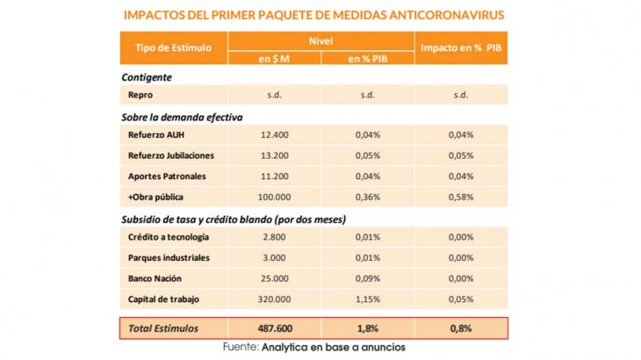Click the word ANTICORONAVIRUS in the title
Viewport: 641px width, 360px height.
click(446, 15)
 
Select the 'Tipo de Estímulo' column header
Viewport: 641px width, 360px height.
click(174, 47)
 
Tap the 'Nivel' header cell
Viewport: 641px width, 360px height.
click(320, 41)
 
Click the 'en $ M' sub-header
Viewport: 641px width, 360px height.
click(274, 59)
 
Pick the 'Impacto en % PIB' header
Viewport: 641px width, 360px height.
click(461, 47)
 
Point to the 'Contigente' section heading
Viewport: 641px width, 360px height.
click(147, 77)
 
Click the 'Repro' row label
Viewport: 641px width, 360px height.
click(140, 95)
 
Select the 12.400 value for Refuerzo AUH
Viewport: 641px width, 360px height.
click(275, 135)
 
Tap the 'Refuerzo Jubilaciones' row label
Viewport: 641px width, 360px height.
click(171, 155)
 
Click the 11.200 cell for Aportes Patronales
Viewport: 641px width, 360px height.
click(275, 176)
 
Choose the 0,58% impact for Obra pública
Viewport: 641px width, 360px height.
click(461, 197)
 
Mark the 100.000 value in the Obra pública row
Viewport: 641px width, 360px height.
click(274, 197)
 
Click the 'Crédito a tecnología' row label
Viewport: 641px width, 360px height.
click(169, 237)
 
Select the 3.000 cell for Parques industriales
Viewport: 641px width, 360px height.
click(274, 258)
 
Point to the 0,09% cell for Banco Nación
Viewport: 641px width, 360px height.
click(368, 278)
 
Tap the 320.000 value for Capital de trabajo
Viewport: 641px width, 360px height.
click(274, 299)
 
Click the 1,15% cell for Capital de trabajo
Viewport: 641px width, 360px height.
click(368, 299)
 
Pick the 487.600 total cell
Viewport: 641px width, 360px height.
click(275, 328)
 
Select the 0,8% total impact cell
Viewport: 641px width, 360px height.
click(461, 328)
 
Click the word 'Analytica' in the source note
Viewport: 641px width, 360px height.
click(284, 348)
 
